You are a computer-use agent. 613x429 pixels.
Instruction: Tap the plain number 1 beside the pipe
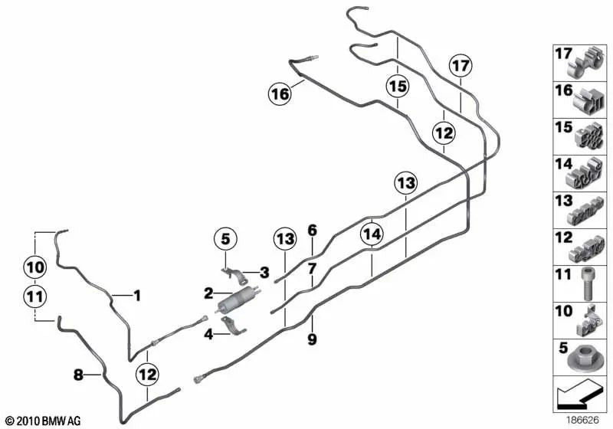tap(137, 296)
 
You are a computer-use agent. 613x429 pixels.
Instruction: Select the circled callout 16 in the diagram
tap(280, 94)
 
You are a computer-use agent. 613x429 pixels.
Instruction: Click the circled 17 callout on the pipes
tap(461, 65)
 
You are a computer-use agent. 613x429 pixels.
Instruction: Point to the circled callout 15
tap(398, 86)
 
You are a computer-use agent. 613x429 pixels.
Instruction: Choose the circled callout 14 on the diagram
tap(372, 234)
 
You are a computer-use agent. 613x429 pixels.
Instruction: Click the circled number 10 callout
tap(34, 267)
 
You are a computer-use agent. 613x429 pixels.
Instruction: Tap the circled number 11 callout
tap(34, 296)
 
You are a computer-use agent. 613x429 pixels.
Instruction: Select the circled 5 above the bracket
tap(225, 239)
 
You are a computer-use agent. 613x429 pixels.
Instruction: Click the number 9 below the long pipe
tap(312, 339)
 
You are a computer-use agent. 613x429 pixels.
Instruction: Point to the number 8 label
tap(79, 375)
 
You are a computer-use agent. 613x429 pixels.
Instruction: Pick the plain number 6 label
tap(312, 231)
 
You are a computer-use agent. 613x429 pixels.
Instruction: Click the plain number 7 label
tap(312, 269)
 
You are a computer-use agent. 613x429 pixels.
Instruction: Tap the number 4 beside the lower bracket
tap(208, 335)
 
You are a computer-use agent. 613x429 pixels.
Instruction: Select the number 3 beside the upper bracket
tap(264, 272)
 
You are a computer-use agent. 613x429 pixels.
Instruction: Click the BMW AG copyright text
tap(44, 421)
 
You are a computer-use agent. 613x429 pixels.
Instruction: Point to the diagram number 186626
tap(583, 420)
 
